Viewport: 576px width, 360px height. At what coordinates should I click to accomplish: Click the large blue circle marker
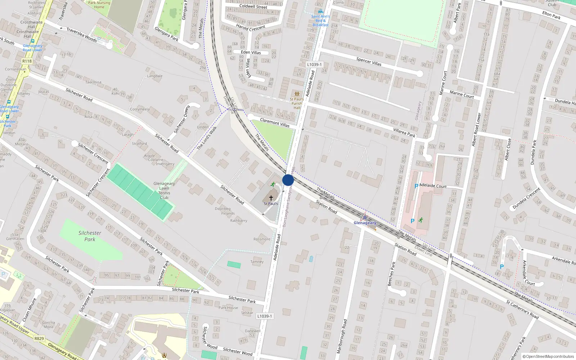click(x=288, y=180)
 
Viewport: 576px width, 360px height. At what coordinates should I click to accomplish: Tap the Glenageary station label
click(x=365, y=223)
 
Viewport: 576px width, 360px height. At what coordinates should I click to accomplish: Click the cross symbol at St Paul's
click(x=271, y=198)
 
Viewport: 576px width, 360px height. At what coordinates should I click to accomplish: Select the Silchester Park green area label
click(x=90, y=236)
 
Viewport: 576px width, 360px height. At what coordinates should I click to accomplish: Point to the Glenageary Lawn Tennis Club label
click(x=164, y=190)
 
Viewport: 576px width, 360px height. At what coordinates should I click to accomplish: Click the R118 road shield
click(x=27, y=61)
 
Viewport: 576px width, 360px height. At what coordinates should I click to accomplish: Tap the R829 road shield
click(x=39, y=338)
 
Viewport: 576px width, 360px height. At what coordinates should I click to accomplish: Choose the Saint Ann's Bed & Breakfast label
click(x=320, y=21)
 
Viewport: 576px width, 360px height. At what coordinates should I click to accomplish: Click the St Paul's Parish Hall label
click(x=297, y=103)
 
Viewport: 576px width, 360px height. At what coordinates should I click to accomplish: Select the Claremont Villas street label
click(x=275, y=123)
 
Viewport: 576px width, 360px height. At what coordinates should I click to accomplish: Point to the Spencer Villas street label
click(x=369, y=62)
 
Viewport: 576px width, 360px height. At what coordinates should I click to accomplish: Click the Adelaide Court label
click(x=433, y=186)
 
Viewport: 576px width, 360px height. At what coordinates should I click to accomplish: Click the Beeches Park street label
click(x=391, y=274)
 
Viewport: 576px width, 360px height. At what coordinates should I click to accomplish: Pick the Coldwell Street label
click(x=253, y=6)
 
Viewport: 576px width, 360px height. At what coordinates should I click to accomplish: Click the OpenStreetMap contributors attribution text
click(x=548, y=356)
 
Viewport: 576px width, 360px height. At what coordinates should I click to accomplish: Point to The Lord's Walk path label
click(x=207, y=138)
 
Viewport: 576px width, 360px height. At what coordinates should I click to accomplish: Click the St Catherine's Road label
click(x=522, y=310)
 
